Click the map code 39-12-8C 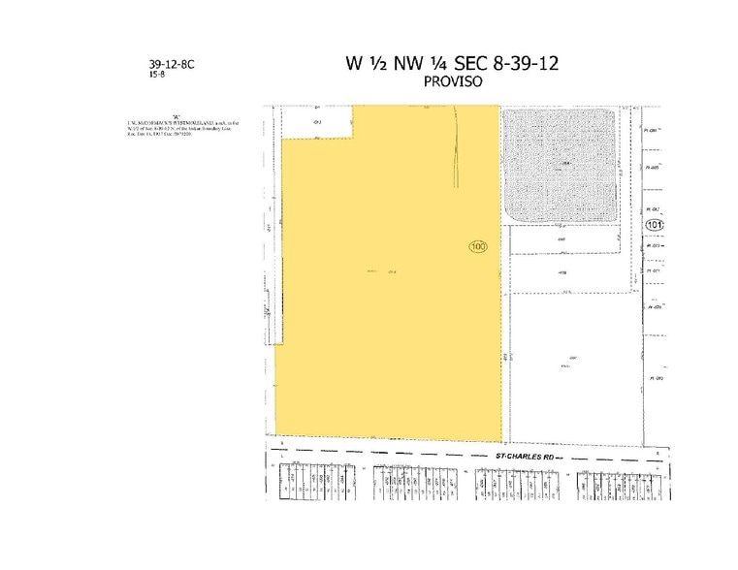pos(172,62)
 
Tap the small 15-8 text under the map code pos(156,74)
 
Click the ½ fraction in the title pos(376,64)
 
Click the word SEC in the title pos(473,64)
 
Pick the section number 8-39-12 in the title pos(527,64)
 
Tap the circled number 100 pos(477,246)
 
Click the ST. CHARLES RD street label pos(525,454)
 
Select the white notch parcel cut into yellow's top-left pos(317,122)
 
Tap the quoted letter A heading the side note pos(176,113)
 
